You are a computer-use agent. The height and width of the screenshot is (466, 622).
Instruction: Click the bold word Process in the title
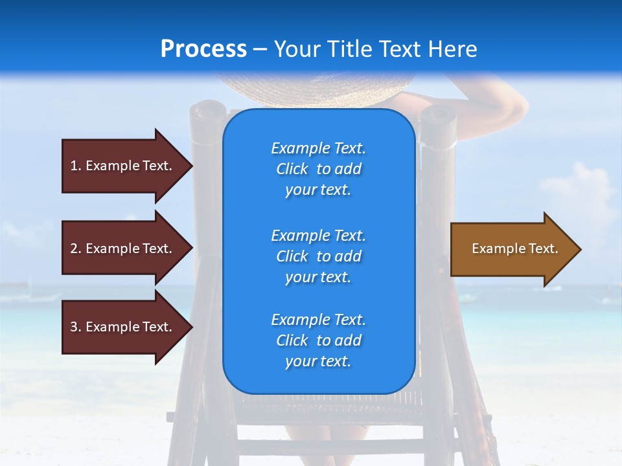[x=203, y=49]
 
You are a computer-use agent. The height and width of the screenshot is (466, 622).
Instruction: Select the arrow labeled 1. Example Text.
[x=123, y=166]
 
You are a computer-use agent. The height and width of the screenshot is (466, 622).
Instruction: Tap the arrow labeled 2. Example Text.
[x=123, y=249]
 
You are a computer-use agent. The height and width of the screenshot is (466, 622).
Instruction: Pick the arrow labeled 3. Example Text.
[x=123, y=327]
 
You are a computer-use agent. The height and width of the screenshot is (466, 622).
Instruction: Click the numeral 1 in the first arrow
[x=74, y=166]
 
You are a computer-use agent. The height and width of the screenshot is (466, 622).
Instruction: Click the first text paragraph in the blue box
[x=318, y=169]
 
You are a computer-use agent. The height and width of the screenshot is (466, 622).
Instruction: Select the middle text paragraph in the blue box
[x=318, y=256]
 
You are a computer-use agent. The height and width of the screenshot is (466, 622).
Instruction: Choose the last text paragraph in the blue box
[x=318, y=340]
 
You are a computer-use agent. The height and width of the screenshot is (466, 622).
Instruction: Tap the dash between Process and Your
[x=260, y=50]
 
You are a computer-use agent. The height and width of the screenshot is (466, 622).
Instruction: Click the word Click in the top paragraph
[x=292, y=169]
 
